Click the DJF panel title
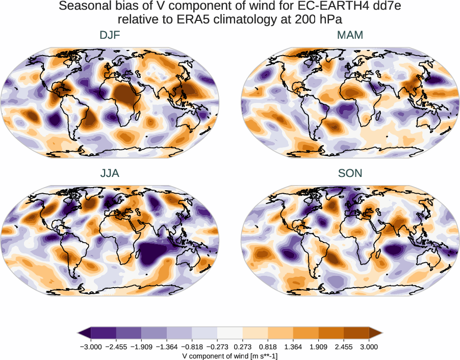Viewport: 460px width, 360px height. coord(110,35)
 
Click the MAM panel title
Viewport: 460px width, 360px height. coord(350,35)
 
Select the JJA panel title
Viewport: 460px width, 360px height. coord(110,173)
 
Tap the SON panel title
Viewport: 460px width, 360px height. coord(350,173)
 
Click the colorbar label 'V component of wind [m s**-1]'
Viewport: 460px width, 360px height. coord(230,355)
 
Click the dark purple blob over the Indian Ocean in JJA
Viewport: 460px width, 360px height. coord(155,253)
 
